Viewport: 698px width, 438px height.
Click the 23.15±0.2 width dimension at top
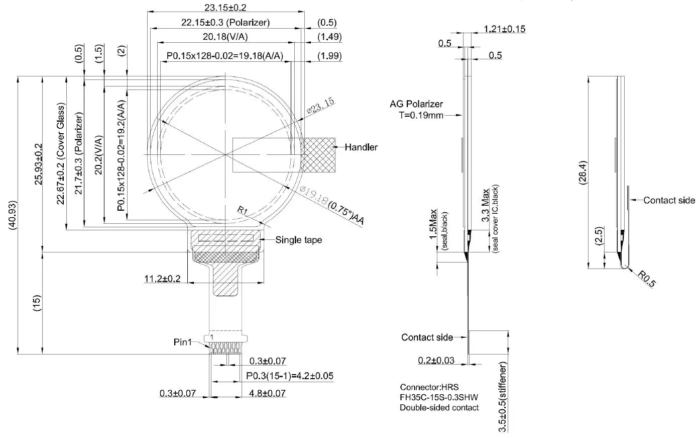(x=225, y=8)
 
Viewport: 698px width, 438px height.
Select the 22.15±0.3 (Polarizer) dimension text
(x=225, y=23)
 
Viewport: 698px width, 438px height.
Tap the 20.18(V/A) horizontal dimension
(x=225, y=37)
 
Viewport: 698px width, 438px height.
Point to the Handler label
(x=361, y=147)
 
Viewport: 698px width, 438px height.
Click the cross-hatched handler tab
(x=318, y=155)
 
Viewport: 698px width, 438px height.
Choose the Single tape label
(x=298, y=240)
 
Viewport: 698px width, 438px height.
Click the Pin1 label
(x=183, y=342)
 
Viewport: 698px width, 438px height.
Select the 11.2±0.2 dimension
(x=162, y=279)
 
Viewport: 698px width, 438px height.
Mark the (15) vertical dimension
(x=37, y=303)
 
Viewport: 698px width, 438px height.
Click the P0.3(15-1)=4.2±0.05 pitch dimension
(x=289, y=376)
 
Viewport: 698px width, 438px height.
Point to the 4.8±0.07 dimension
(x=267, y=393)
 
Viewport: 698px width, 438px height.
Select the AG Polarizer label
(x=416, y=104)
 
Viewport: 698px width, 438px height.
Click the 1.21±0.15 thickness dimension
(x=505, y=29)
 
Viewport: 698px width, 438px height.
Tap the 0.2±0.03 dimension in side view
(x=436, y=360)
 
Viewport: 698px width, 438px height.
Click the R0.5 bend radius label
(x=647, y=279)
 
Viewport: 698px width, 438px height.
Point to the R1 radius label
(x=243, y=210)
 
